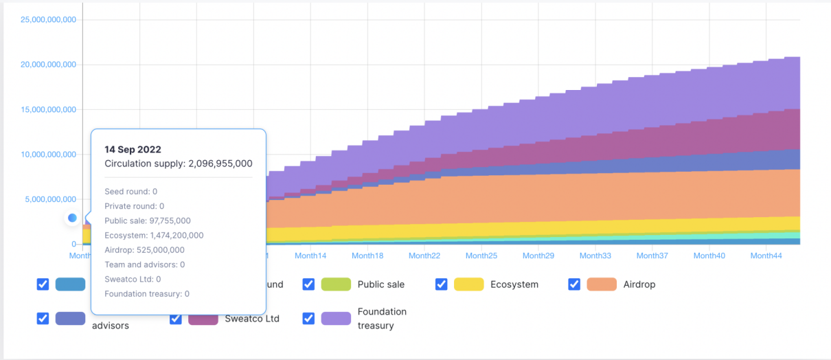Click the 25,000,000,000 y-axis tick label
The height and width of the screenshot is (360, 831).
pyautogui.click(x=48, y=19)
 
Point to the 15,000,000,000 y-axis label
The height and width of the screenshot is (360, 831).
pyautogui.click(x=48, y=109)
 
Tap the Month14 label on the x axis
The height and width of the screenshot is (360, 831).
pyautogui.click(x=310, y=256)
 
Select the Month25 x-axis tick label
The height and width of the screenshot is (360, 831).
pyautogui.click(x=481, y=256)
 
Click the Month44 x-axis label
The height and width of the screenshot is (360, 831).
pyautogui.click(x=766, y=256)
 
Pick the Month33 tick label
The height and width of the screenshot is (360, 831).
pyautogui.click(x=595, y=256)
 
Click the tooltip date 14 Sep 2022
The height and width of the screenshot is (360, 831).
pyautogui.click(x=133, y=149)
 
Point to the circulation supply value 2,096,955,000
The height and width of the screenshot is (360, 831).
pyautogui.click(x=220, y=164)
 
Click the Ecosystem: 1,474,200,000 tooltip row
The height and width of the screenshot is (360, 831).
pyautogui.click(x=154, y=235)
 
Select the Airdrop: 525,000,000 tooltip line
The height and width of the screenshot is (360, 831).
pyautogui.click(x=144, y=250)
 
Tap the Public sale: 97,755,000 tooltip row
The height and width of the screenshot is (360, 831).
pyautogui.click(x=148, y=221)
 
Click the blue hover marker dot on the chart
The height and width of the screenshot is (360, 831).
pyautogui.click(x=72, y=218)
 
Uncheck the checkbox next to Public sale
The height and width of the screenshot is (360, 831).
pyautogui.click(x=308, y=284)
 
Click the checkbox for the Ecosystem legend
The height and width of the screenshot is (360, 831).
pyautogui.click(x=441, y=284)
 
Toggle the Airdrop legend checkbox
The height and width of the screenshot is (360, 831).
pyautogui.click(x=574, y=284)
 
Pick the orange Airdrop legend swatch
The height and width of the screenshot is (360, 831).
pyautogui.click(x=602, y=284)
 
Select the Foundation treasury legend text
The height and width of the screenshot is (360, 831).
pyautogui.click(x=382, y=319)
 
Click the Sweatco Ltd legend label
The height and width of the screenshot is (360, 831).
pyautogui.click(x=252, y=319)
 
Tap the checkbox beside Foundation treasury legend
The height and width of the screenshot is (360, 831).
pyautogui.click(x=308, y=319)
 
